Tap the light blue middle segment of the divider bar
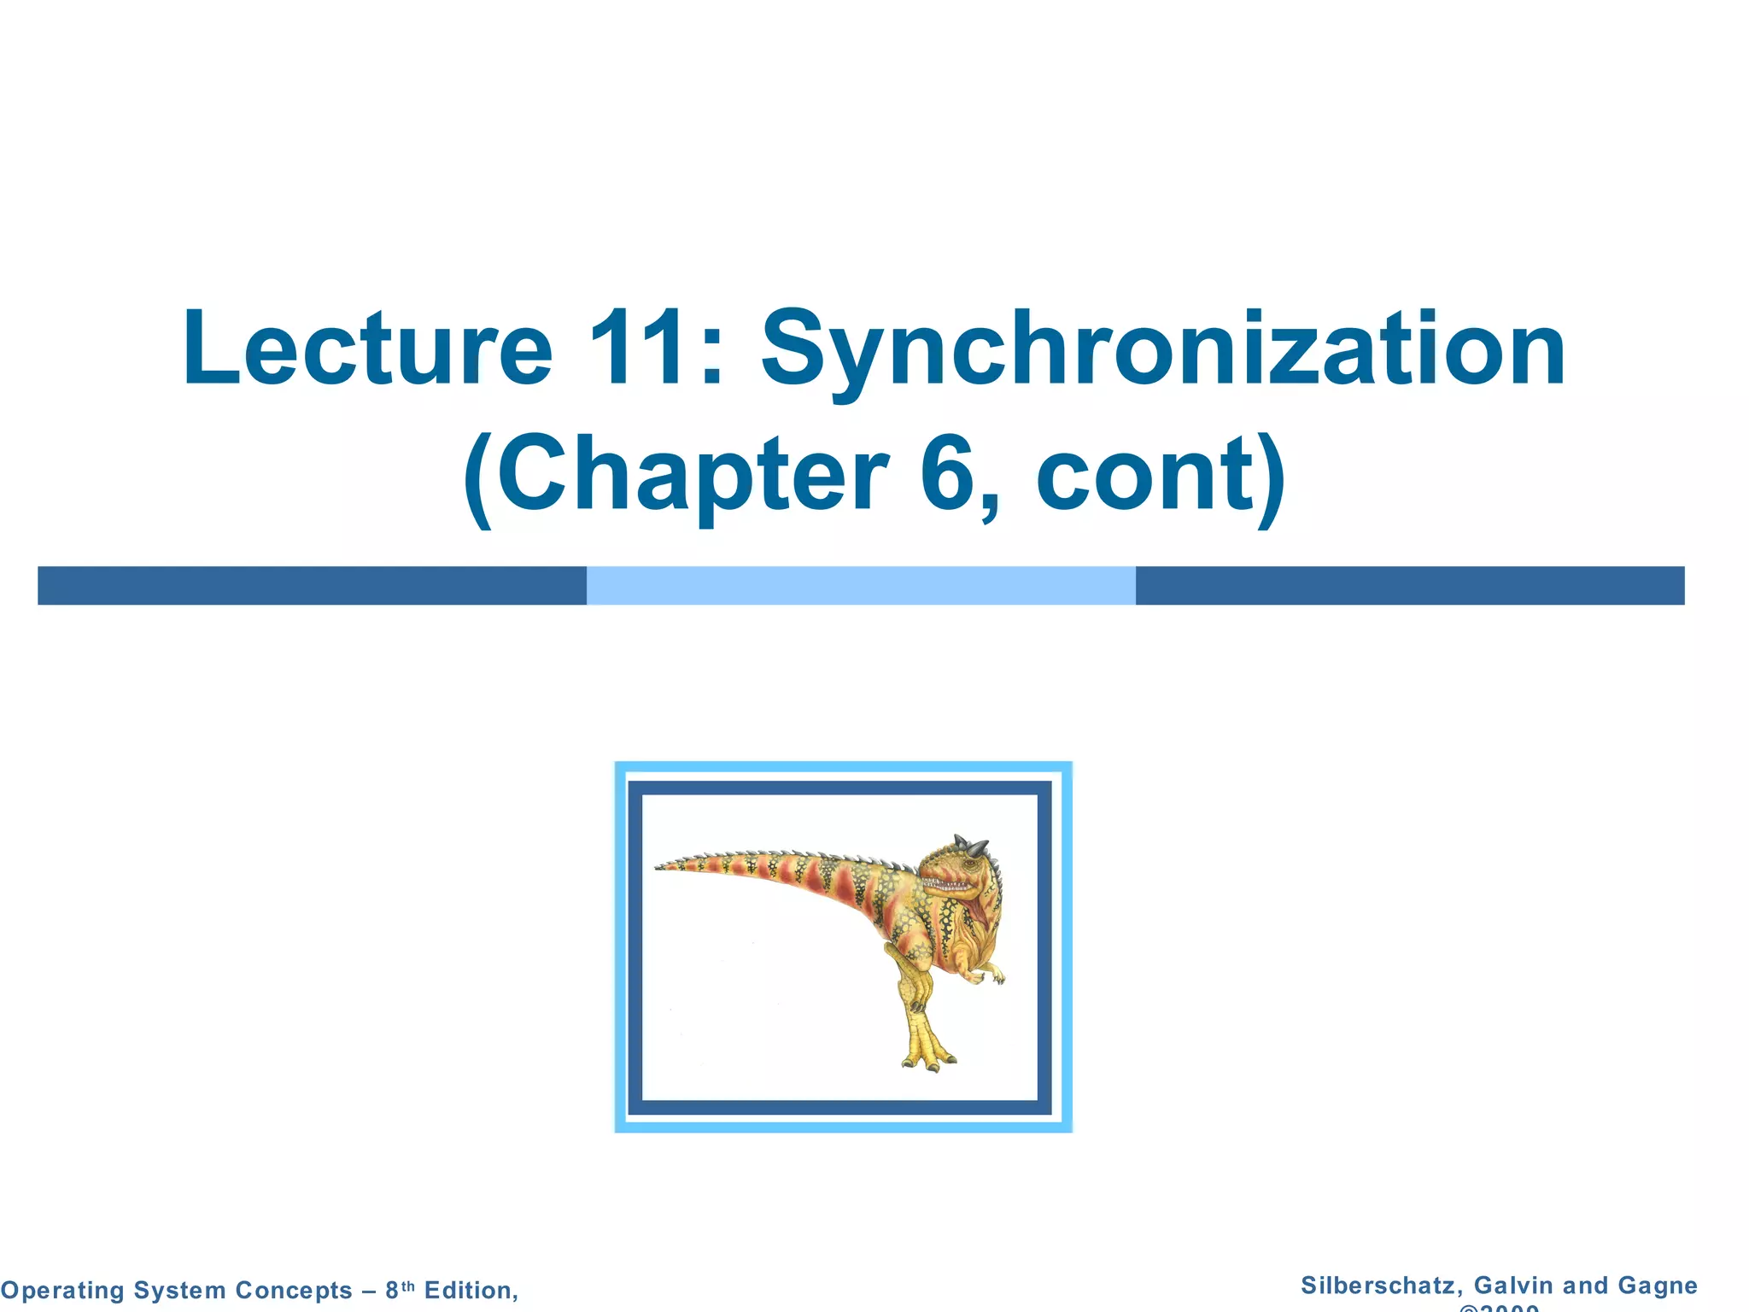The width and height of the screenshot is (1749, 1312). pos(861,586)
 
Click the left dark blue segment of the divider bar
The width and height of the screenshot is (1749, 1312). pos(312,586)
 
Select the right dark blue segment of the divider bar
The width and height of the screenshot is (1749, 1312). pos(1409,586)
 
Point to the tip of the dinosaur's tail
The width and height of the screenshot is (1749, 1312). pos(659,867)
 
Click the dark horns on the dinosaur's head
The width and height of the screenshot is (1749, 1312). pos(972,846)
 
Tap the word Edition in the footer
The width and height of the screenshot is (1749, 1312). pos(471,1291)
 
